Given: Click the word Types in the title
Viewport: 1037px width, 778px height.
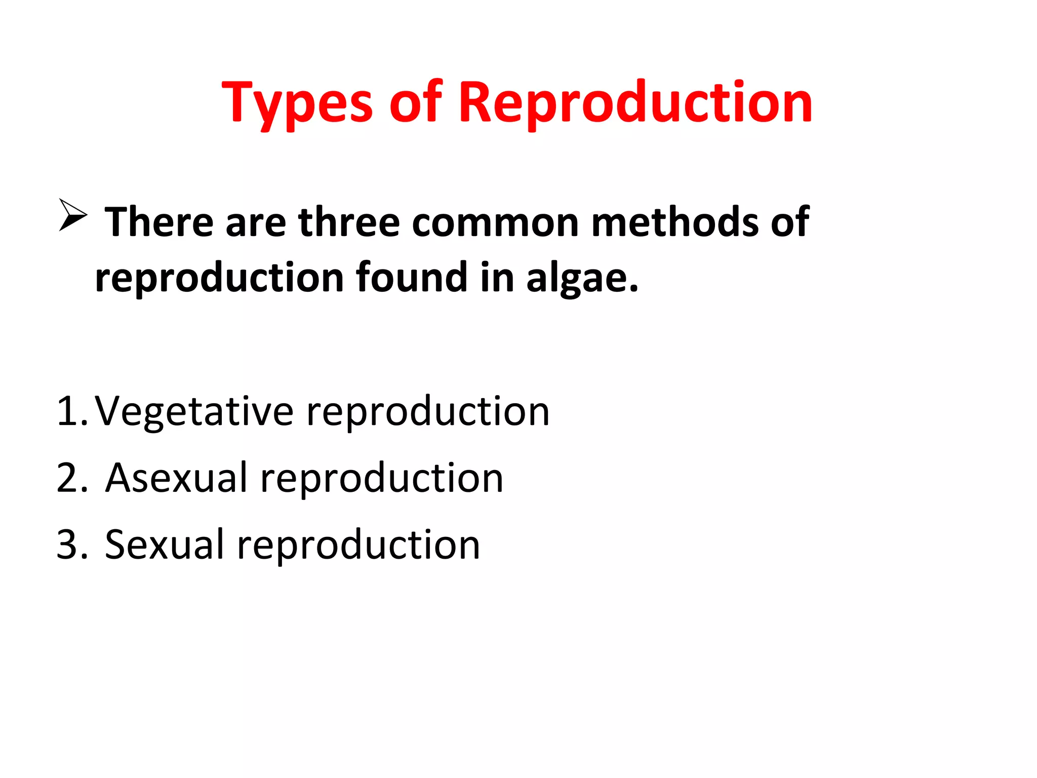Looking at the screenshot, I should click(297, 104).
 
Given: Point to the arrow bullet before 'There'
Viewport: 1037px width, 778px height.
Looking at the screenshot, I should click(72, 215).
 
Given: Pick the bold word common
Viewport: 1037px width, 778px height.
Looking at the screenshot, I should click(495, 223).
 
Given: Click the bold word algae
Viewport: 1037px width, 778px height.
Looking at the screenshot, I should click(582, 279).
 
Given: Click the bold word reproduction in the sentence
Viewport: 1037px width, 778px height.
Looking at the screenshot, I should click(219, 279).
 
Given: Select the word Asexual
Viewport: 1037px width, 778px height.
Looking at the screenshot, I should click(176, 478).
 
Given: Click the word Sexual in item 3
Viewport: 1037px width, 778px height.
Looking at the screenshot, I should click(164, 544).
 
